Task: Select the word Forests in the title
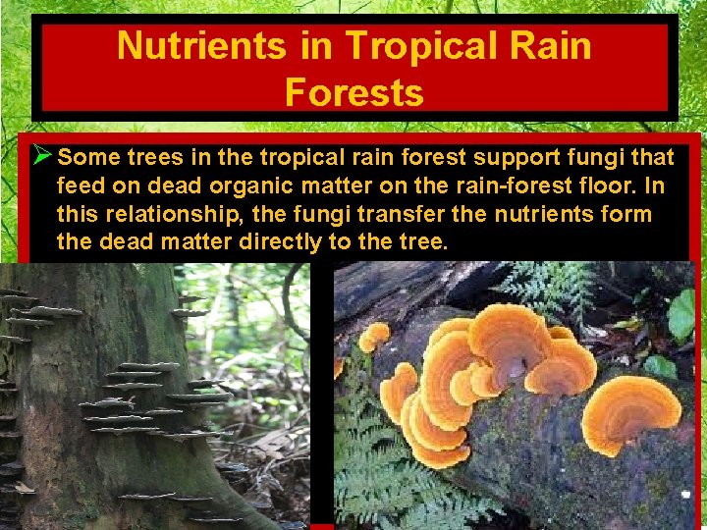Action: [x=353, y=92]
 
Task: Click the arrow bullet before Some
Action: [x=41, y=156]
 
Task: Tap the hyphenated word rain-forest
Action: [x=504, y=185]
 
